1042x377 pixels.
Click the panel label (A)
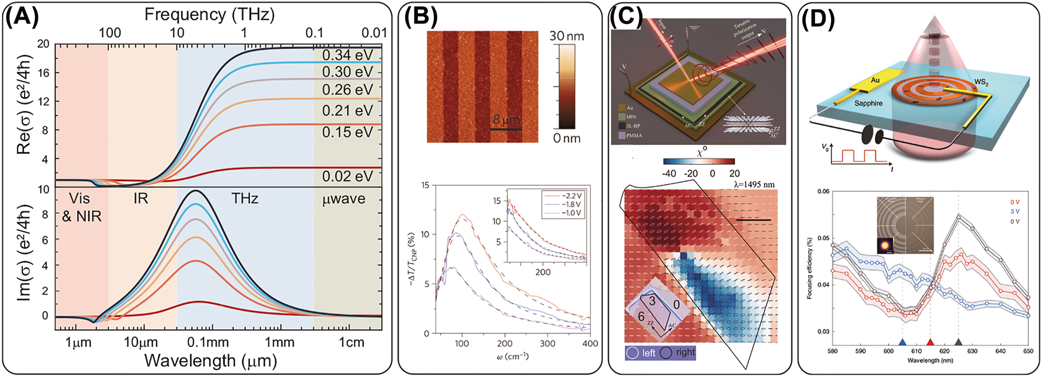[x=22, y=18]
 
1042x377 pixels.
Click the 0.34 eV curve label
[x=347, y=56]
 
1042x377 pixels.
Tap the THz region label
[x=245, y=199]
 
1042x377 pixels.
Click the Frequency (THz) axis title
[x=209, y=14]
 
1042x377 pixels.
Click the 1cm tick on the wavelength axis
[x=351, y=342]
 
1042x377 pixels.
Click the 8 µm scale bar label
[x=506, y=120]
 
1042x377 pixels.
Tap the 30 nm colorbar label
[x=566, y=36]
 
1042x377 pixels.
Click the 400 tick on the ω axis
[x=590, y=344]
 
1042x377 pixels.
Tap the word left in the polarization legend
[x=648, y=353]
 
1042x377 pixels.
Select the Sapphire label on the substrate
[x=868, y=103]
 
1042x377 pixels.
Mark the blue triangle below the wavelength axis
[x=902, y=343]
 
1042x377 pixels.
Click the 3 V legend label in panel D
[x=1015, y=211]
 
